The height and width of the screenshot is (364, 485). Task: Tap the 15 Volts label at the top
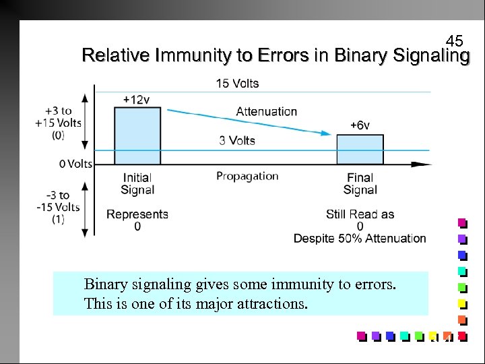(237, 84)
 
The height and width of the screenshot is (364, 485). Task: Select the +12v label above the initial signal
(136, 100)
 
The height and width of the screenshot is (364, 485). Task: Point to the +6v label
(360, 125)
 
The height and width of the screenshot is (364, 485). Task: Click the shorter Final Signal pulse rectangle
(360, 149)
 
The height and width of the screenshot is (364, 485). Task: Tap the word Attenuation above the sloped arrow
(266, 111)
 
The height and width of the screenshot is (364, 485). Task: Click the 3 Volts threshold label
(237, 140)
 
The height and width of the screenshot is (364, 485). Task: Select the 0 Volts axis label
(75, 164)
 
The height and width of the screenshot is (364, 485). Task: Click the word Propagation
(247, 176)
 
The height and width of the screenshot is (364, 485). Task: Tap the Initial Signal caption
(137, 184)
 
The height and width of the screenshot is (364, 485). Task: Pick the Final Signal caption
(360, 184)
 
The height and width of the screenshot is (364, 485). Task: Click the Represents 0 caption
(137, 220)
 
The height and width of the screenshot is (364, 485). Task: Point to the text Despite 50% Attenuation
(360, 238)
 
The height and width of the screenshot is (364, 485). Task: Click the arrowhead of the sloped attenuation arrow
(328, 133)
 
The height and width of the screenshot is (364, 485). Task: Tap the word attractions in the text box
(271, 303)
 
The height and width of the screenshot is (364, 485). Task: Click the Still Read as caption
(360, 214)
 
